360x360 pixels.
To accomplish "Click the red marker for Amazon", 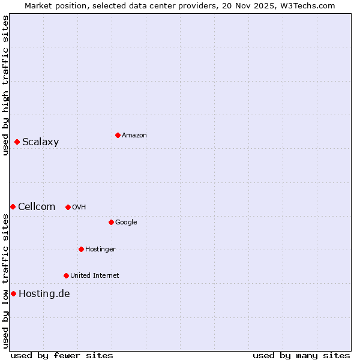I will (118, 135).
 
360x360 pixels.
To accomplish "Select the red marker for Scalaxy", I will (17, 142).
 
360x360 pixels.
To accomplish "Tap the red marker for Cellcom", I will (13, 206).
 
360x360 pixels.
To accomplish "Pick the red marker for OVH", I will (68, 207).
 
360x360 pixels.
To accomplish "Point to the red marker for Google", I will (111, 222).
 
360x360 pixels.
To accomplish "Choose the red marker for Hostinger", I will (81, 249).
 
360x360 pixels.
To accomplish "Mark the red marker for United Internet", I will (66, 275).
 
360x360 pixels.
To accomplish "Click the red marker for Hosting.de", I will (13, 293).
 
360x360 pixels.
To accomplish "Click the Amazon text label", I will (134, 135).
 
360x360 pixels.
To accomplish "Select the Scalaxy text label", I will (41, 142).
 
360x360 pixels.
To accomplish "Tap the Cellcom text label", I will (37, 206).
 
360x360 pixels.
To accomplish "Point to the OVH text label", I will (79, 207).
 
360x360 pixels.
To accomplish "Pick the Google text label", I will (126, 222).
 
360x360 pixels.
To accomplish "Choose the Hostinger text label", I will (100, 249).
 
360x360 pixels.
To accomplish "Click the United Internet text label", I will (95, 275).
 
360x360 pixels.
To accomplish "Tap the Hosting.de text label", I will (44, 293).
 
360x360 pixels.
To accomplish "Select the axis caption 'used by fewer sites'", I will (62, 355).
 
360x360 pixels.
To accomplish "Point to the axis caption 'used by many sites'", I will (301, 355).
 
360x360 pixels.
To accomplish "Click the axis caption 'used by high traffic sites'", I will (5, 85).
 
